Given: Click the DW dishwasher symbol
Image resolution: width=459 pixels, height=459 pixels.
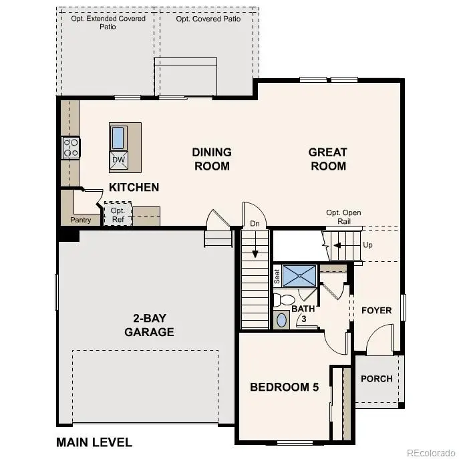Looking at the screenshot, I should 118,160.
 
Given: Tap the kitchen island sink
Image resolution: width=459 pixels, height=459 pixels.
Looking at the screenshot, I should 118,138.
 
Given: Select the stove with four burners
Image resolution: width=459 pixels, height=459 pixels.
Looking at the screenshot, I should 71,147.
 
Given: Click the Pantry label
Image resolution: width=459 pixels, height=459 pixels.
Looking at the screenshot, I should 80,220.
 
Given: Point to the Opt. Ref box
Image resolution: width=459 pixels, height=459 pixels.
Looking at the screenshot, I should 118,214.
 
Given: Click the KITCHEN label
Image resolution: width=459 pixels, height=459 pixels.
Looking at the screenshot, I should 134,187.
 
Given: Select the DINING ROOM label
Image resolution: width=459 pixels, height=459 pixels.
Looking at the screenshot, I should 212,159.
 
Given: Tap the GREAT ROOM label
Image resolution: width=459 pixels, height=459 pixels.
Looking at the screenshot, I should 327,159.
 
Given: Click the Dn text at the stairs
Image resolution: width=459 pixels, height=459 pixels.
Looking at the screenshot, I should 255,224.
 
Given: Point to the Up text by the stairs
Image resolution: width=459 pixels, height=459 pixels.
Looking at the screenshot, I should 367,245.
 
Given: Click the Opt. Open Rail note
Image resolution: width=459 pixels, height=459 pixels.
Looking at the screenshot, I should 343,217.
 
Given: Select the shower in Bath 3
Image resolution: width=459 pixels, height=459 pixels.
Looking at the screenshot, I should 299,275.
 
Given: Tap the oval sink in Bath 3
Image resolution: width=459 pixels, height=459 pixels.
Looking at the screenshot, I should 281,320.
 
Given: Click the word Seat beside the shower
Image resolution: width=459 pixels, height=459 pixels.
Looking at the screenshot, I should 277,277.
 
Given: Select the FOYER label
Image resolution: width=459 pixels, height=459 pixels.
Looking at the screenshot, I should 376,311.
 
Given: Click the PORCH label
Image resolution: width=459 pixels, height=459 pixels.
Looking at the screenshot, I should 376,378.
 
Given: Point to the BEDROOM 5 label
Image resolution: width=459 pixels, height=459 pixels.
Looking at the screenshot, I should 284,387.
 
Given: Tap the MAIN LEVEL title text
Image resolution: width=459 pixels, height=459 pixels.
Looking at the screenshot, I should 94,442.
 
